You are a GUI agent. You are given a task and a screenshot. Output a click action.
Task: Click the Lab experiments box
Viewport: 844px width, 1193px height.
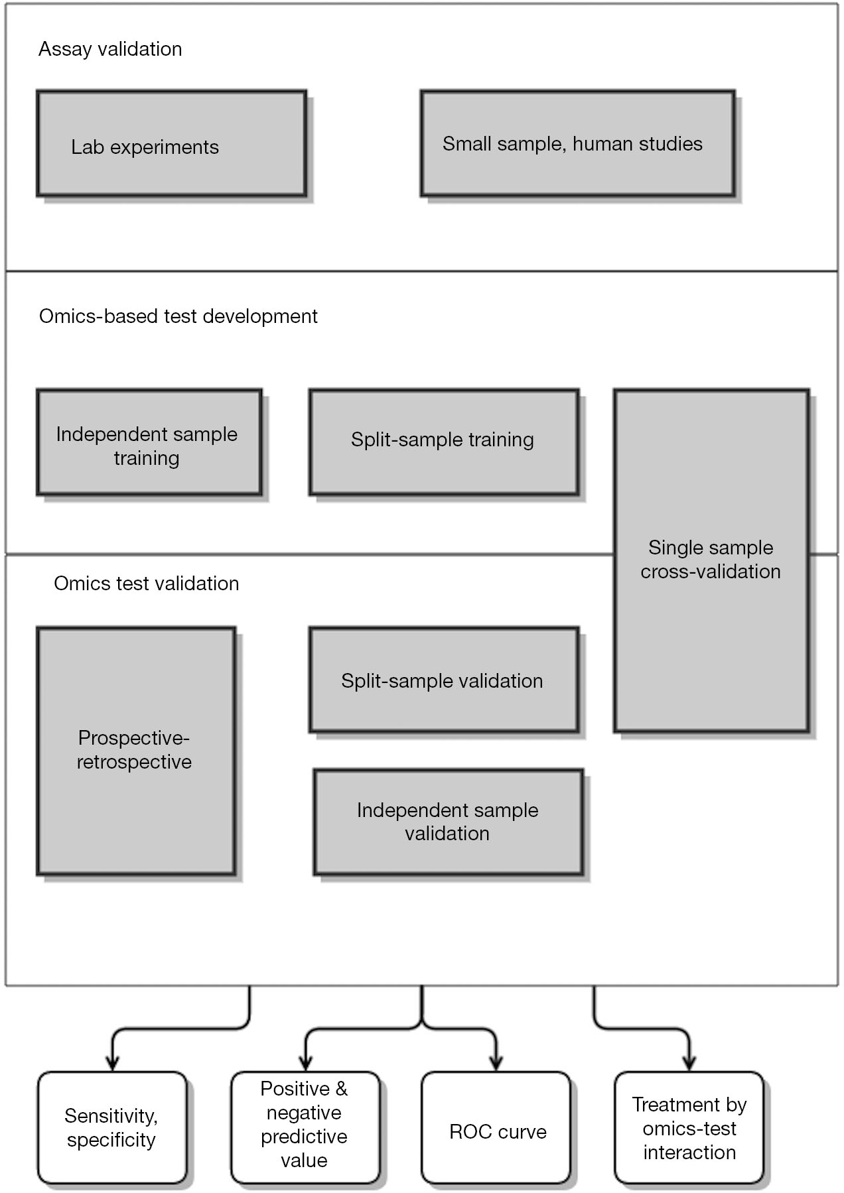pyautogui.click(x=172, y=143)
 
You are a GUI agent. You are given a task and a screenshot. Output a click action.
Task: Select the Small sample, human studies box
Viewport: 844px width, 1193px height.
pyautogui.click(x=578, y=143)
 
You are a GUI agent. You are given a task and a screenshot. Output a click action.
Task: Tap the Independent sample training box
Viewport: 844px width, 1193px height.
pyautogui.click(x=149, y=442)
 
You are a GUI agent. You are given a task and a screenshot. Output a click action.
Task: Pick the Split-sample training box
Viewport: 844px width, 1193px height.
pyautogui.click(x=444, y=442)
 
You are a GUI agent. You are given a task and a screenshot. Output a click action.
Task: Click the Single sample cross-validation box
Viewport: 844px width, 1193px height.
pyautogui.click(x=711, y=561)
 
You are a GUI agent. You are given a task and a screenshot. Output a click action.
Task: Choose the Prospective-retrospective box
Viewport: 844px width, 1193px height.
pyautogui.click(x=136, y=751)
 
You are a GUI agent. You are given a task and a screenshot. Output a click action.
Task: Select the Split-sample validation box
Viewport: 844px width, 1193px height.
pyautogui.click(x=444, y=680)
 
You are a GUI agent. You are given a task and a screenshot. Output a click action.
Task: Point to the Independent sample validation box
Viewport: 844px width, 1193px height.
pyautogui.click(x=449, y=822)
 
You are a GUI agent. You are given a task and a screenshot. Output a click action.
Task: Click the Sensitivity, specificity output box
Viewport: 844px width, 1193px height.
pyautogui.click(x=112, y=1127)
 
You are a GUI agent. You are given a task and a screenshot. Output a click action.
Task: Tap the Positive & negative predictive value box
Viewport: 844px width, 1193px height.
pyautogui.click(x=305, y=1127)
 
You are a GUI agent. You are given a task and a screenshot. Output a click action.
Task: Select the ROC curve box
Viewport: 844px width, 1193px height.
pyautogui.click(x=496, y=1127)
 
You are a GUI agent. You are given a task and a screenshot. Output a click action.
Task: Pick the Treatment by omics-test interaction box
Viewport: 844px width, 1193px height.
pyautogui.click(x=689, y=1127)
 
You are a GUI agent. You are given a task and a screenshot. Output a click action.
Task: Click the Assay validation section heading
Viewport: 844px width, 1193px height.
pyautogui.click(x=110, y=49)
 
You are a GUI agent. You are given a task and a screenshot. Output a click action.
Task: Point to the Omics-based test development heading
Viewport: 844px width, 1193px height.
pyautogui.click(x=178, y=316)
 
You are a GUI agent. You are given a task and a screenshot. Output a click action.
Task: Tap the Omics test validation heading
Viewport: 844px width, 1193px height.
pyautogui.click(x=147, y=584)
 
